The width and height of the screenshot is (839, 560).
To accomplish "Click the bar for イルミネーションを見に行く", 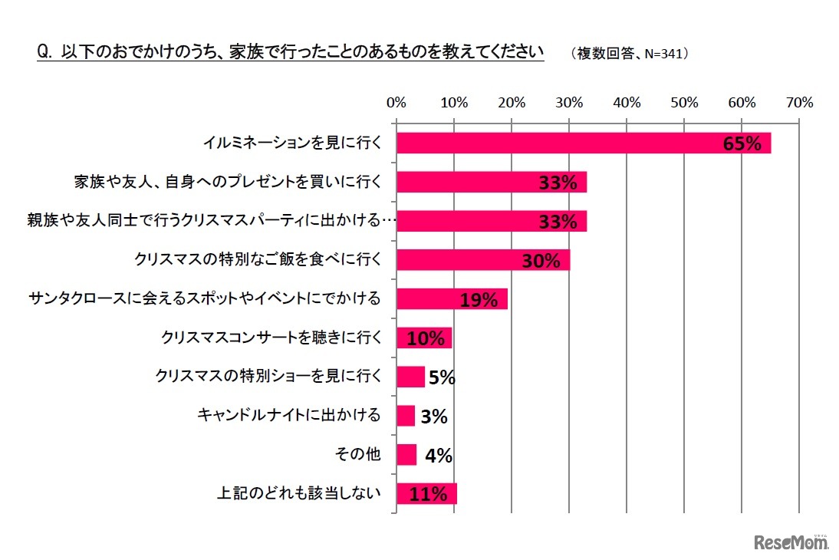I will tap(583, 143).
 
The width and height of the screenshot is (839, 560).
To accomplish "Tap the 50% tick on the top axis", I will tap(684, 102).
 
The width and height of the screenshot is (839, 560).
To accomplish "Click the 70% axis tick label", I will tap(799, 102).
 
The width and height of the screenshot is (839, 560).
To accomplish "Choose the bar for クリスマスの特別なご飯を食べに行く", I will tap(483, 260).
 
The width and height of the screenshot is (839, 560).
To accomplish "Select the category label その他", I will tap(358, 455).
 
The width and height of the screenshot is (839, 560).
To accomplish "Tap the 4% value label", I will tap(438, 456).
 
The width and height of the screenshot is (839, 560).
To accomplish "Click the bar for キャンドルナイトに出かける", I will tap(406, 416).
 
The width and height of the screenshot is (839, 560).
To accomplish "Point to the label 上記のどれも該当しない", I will tap(298, 494).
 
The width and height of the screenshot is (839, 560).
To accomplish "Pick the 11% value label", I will tap(428, 494).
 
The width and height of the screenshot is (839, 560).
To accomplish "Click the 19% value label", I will tap(479, 300).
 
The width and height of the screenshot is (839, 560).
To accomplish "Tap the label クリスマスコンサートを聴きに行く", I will tap(271, 338).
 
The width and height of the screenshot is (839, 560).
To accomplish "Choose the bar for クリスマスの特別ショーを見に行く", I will tap(410, 377).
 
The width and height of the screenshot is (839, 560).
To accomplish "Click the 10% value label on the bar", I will tap(425, 338).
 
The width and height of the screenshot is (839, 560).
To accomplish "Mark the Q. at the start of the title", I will tap(44, 52).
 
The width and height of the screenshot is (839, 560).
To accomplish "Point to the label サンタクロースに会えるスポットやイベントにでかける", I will tap(204, 298).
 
